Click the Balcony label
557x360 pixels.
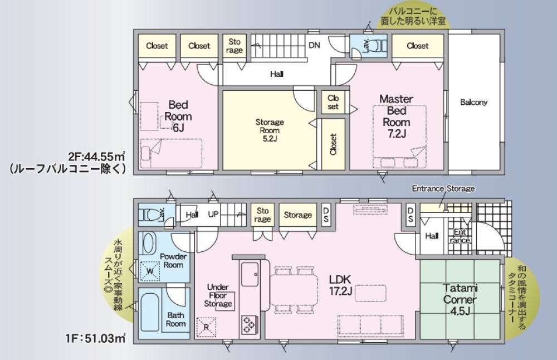pos(473,103)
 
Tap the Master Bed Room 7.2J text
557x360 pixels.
pos(396,116)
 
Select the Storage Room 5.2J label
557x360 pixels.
pos(270,130)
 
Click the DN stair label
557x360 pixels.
pos(314,45)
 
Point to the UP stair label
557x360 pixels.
pos(213,215)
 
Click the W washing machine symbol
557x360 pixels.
pos(150,271)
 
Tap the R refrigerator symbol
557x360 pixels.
pos(206,327)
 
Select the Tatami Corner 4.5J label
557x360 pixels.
pos(460,299)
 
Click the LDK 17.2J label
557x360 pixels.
pos(340,285)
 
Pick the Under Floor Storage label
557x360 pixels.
pos(218,295)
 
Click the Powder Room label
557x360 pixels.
pos(173,261)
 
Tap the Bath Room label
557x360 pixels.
pos(176,319)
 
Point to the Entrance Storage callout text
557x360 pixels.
pos(443,188)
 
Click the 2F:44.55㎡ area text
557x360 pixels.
pos(96,156)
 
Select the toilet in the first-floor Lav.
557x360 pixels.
pos(149,215)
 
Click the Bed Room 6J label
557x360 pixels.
pos(178,116)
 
